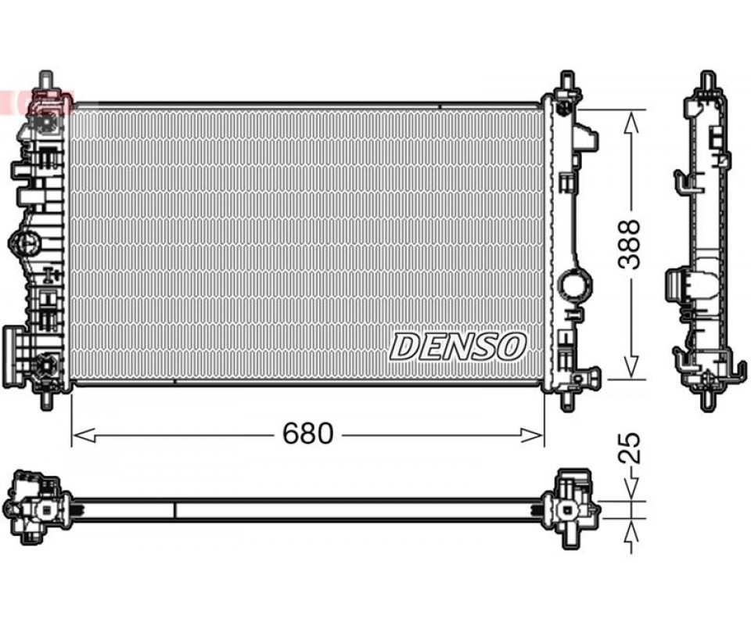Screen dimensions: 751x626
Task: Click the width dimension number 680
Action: click(x=307, y=434)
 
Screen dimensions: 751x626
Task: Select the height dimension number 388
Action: click(x=629, y=244)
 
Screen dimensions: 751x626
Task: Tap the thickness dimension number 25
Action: click(x=629, y=448)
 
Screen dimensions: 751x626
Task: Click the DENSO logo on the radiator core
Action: click(x=458, y=347)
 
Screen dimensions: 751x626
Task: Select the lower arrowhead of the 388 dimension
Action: click(x=632, y=366)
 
